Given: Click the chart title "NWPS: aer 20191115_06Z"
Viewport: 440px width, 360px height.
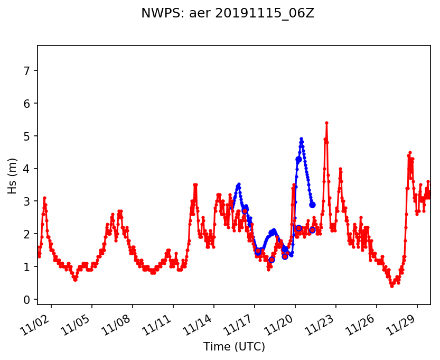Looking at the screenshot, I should click(x=228, y=14).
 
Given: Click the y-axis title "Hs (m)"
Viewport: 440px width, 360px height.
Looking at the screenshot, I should click(x=12, y=176).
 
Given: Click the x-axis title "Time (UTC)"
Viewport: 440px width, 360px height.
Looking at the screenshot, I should click(x=234, y=347).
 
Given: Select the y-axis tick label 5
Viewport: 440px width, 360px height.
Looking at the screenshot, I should click(x=27, y=136).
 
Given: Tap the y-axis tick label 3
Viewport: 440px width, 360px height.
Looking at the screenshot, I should click(x=27, y=201).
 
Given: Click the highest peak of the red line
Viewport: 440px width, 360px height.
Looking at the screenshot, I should click(x=326, y=123).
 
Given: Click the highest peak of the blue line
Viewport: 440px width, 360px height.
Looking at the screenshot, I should click(x=301, y=139).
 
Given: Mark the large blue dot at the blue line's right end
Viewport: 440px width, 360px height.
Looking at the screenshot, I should click(x=312, y=205).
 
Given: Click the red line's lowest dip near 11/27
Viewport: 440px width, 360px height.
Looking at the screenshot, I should click(x=391, y=286).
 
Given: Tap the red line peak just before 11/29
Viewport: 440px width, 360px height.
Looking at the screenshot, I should click(x=409, y=152).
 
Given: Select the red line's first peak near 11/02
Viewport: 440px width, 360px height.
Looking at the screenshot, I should click(x=44, y=198).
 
